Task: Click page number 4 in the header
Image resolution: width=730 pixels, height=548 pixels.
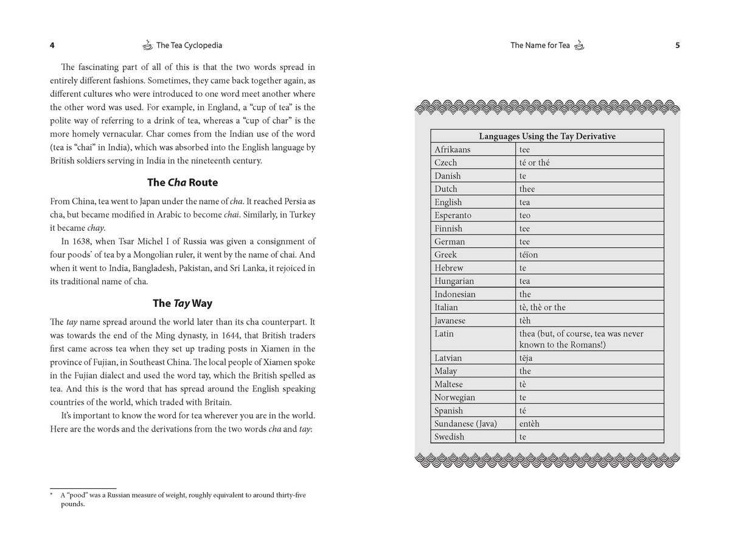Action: pyautogui.click(x=52, y=45)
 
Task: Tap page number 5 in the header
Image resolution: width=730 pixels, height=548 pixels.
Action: pyautogui.click(x=678, y=45)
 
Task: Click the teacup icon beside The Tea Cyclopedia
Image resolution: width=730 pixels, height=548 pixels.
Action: pyautogui.click(x=148, y=44)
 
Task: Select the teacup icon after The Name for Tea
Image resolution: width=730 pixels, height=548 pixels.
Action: pyautogui.click(x=579, y=44)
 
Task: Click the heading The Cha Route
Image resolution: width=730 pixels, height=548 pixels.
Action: pyautogui.click(x=182, y=182)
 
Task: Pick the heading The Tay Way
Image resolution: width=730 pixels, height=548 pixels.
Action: pyautogui.click(x=182, y=303)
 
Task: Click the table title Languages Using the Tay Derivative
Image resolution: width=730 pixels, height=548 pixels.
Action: pyautogui.click(x=547, y=136)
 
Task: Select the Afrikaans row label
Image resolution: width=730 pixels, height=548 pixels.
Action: pyautogui.click(x=452, y=150)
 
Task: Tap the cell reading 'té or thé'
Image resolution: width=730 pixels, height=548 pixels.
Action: pyautogui.click(x=534, y=163)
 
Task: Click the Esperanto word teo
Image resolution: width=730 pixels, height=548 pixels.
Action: pyautogui.click(x=525, y=216)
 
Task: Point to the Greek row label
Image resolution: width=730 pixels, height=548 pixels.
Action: pyautogui.click(x=445, y=255)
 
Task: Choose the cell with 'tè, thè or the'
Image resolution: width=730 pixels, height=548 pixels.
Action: pyautogui.click(x=542, y=307)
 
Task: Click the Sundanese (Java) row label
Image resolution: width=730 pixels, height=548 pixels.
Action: pyautogui.click(x=465, y=424)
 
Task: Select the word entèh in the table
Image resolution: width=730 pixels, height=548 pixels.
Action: pyautogui.click(x=529, y=424)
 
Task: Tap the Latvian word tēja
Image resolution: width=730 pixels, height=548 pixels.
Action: pyautogui.click(x=526, y=358)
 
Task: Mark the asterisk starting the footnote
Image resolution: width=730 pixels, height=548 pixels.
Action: pyautogui.click(x=52, y=494)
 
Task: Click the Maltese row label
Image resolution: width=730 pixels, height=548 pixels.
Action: pyautogui.click(x=448, y=384)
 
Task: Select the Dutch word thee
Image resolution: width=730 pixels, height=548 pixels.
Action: pyautogui.click(x=527, y=189)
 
